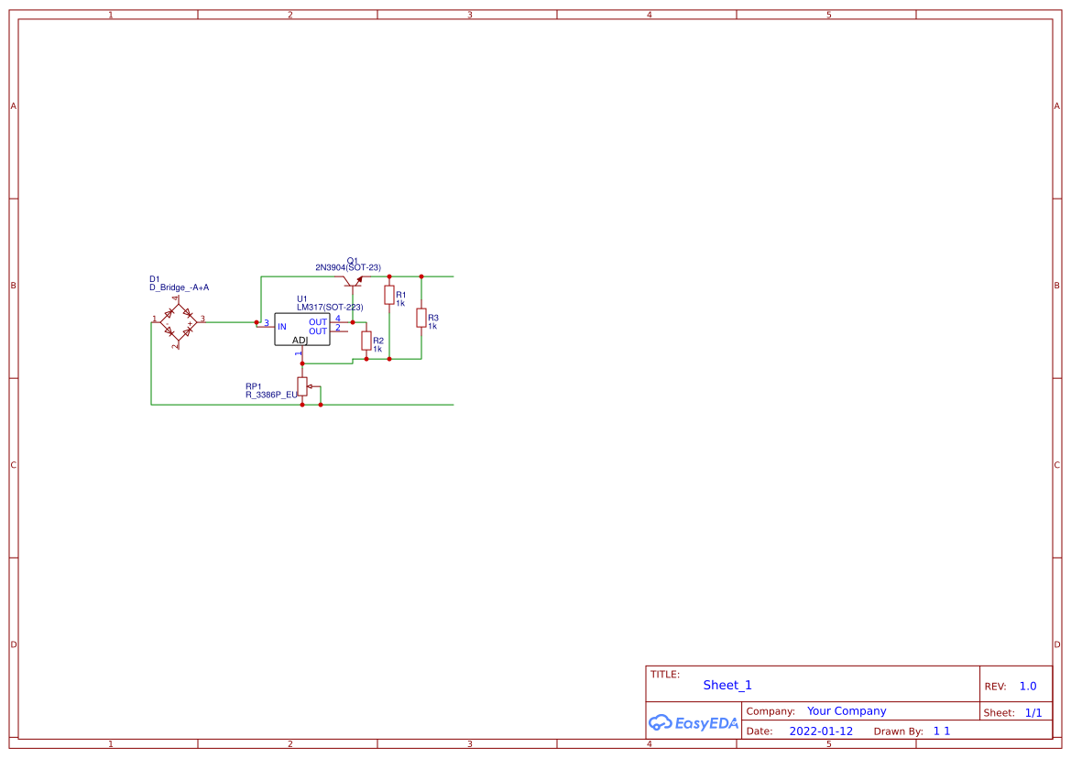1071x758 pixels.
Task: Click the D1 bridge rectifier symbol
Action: tap(179, 322)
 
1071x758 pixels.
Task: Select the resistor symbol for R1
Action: tap(388, 295)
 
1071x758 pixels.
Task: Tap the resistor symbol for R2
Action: tap(366, 341)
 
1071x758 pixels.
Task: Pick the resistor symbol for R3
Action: tap(421, 318)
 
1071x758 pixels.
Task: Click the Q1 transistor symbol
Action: tap(353, 279)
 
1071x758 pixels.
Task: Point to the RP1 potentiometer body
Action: tap(302, 386)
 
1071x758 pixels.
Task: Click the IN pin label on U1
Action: tap(282, 326)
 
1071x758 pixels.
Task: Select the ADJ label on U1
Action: tap(300, 340)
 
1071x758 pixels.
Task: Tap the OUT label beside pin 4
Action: tap(318, 322)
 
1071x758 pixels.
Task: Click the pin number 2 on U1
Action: tap(337, 328)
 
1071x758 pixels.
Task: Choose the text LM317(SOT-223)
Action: tap(330, 308)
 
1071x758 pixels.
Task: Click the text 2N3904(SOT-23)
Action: tap(348, 267)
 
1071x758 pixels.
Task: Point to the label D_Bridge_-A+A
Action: tap(179, 287)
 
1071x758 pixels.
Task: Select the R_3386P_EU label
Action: tap(271, 395)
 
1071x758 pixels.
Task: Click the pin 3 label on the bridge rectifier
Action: tap(202, 319)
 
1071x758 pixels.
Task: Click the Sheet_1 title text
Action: tap(727, 685)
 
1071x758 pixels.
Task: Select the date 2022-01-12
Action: tap(821, 731)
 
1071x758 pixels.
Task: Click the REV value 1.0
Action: tap(1028, 686)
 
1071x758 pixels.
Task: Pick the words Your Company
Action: tap(847, 710)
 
